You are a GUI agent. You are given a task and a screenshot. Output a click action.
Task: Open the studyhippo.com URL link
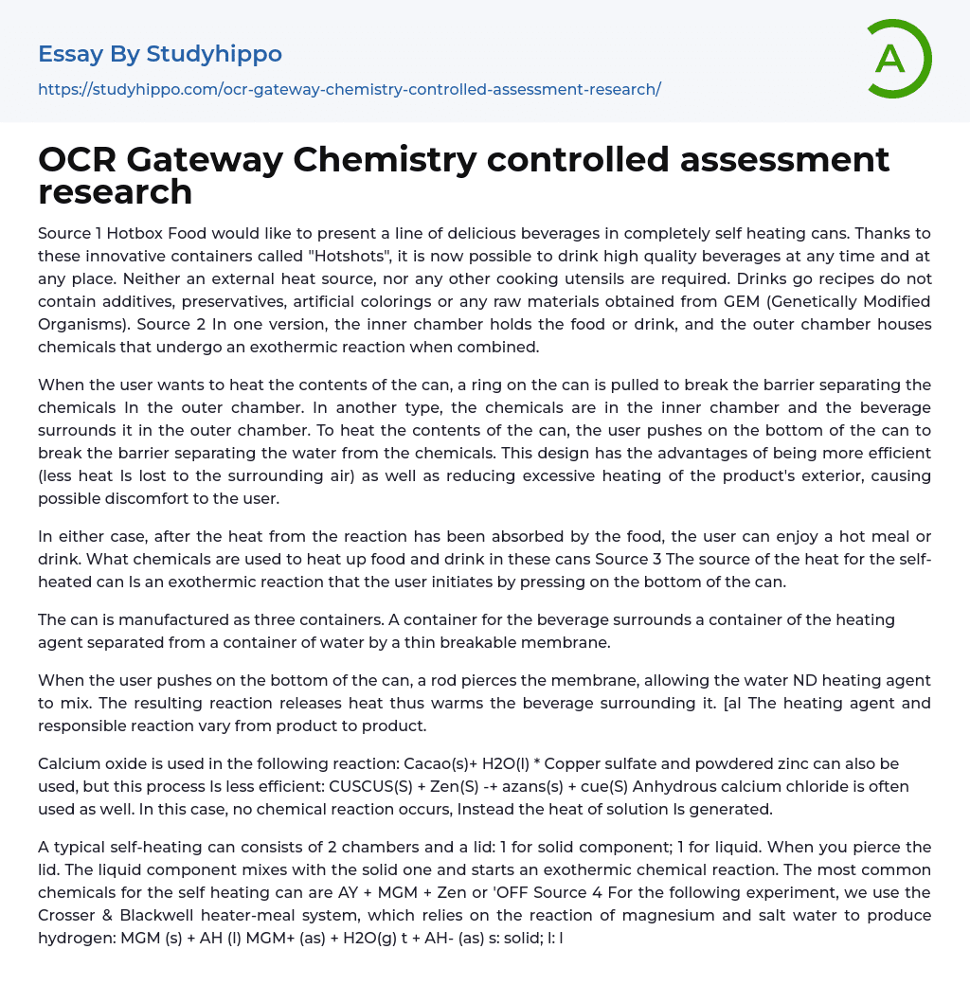(349, 89)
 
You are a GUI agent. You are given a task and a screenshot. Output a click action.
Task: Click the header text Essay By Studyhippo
(160, 54)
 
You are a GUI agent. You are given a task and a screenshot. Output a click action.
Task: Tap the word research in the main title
(115, 191)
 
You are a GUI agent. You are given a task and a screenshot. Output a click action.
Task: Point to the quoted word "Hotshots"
(299, 256)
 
